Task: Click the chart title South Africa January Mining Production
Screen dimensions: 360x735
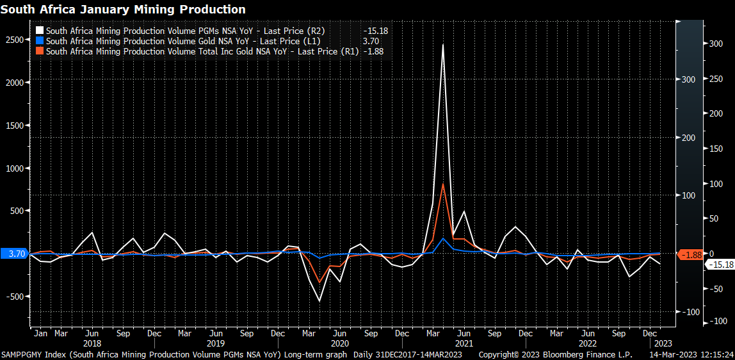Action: tap(123, 10)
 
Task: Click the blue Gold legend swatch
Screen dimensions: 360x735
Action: tap(40, 41)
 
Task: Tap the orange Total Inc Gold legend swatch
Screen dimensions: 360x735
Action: tap(40, 51)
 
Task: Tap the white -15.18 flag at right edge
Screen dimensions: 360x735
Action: tap(718, 265)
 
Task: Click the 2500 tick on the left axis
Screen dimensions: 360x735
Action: tap(14, 40)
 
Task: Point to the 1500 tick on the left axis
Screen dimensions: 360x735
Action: tap(14, 126)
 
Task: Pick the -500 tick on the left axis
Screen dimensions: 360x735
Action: tap(14, 297)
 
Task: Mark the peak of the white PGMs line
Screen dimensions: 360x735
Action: tap(443, 45)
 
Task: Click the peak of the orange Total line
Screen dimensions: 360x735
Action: tap(443, 184)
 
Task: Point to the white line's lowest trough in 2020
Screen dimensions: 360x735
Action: tap(319, 300)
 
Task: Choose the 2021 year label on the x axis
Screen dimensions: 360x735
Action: tap(464, 343)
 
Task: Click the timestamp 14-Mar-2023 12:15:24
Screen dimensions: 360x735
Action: tap(691, 354)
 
